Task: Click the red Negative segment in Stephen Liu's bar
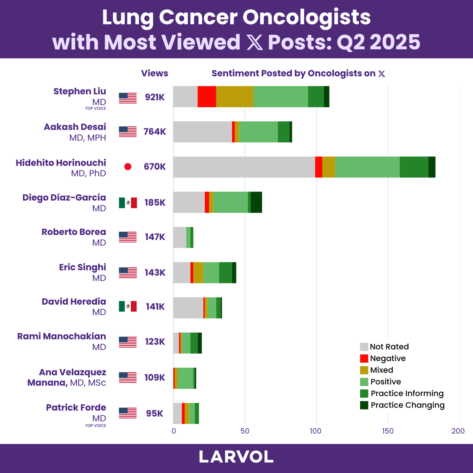[207, 96]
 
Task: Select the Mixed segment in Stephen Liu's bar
[235, 96]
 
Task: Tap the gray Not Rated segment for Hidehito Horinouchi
[244, 167]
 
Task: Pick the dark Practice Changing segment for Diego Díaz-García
[256, 202]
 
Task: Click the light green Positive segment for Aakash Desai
[259, 132]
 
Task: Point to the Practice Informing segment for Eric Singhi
[225, 272]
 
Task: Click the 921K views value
[155, 97]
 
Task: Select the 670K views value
[155, 167]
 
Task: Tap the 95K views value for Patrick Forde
[155, 413]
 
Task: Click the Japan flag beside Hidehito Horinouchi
[128, 167]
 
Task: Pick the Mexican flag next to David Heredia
[128, 306]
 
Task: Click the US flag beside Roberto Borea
[128, 237]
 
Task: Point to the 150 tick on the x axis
[388, 431]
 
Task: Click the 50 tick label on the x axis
[245, 431]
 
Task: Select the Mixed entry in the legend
[382, 370]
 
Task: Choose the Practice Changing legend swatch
[364, 405]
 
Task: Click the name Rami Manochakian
[61, 336]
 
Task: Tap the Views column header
[155, 73]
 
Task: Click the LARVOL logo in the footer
[236, 457]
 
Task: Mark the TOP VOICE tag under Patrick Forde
[95, 426]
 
